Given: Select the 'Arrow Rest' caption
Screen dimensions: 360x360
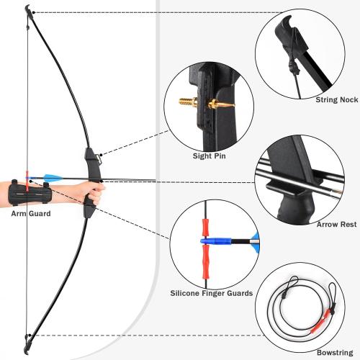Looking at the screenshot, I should (337, 225).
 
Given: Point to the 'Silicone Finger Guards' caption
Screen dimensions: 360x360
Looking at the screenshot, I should (211, 293).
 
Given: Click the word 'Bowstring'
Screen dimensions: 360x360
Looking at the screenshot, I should (334, 352).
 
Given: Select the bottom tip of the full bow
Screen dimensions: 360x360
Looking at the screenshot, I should (27, 343).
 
